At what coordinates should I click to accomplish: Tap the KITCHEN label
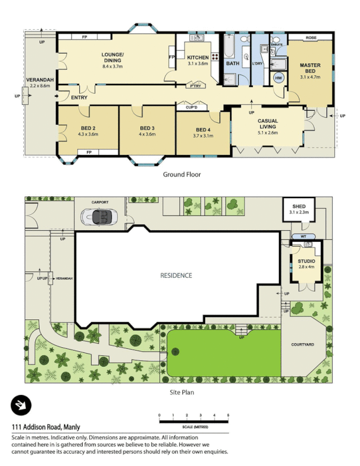click(197, 57)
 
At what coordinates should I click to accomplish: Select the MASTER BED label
click(310, 68)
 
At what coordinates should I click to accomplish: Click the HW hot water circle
click(278, 78)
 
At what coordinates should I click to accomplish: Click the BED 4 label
click(203, 129)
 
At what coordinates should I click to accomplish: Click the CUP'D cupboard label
click(192, 107)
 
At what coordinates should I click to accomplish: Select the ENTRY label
click(79, 97)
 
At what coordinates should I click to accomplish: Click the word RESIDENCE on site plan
click(176, 276)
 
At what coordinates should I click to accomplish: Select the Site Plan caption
click(181, 392)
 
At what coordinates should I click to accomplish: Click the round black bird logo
click(21, 405)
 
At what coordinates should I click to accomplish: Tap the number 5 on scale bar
click(228, 415)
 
